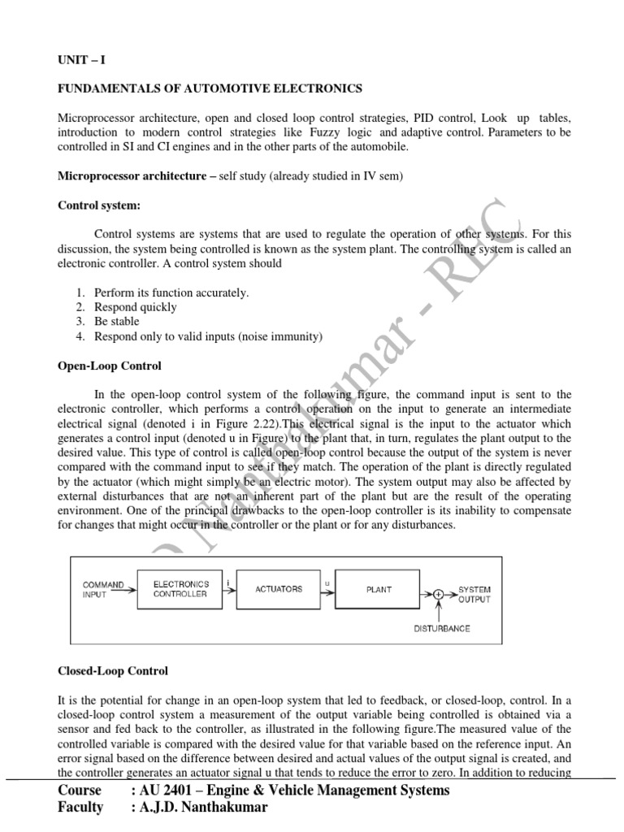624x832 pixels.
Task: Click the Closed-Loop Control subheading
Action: point(113,671)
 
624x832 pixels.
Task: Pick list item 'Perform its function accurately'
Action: point(171,292)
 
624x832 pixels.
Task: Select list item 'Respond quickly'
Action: point(135,307)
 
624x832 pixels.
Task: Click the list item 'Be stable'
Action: point(117,322)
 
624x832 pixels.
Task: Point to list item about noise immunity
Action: point(208,336)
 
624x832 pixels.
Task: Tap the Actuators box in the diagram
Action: point(279,588)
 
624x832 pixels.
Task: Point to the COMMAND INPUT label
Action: point(103,589)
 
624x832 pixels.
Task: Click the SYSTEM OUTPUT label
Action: point(474,594)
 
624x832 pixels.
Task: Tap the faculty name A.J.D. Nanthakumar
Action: point(216,807)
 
